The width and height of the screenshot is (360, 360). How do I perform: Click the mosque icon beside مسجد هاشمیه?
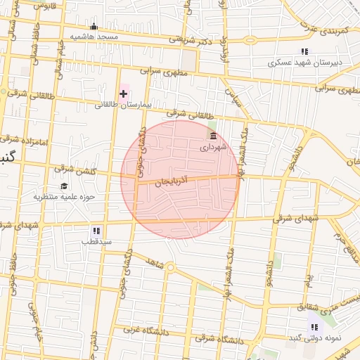pyautogui.click(x=94, y=27)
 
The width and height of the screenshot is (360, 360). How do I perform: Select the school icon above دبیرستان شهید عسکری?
pyautogui.click(x=304, y=51)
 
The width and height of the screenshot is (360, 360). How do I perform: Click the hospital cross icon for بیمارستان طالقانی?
pyautogui.click(x=124, y=94)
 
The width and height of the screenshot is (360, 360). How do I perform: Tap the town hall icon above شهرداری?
pyautogui.click(x=213, y=136)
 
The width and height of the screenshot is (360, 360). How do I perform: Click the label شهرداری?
pyautogui.click(x=214, y=147)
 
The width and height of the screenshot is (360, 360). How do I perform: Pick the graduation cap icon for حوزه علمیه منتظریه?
pyautogui.click(x=64, y=186)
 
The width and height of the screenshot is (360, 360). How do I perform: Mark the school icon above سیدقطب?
pyautogui.click(x=96, y=231)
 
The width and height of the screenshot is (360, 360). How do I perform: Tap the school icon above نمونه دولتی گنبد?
pyautogui.click(x=314, y=327)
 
